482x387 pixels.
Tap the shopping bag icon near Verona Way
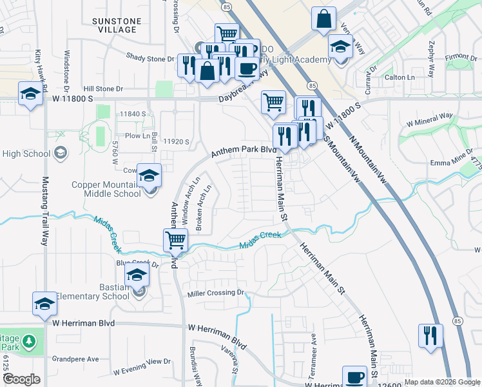coord(323,19)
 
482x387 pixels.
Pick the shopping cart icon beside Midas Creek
coord(175,241)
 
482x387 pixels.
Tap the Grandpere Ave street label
coord(75,359)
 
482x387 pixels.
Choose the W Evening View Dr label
coord(142,367)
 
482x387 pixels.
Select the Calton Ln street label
coord(400,77)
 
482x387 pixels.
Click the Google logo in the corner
coord(21,379)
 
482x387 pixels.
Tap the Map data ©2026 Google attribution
coord(443,382)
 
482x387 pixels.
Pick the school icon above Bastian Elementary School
coord(137,275)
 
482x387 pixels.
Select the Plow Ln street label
coord(137,136)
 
